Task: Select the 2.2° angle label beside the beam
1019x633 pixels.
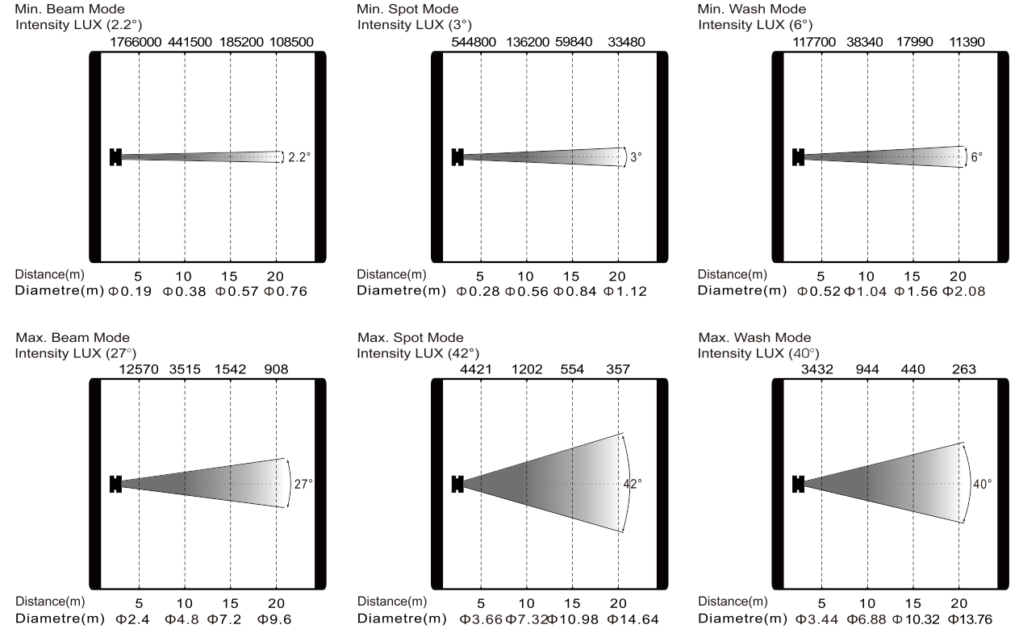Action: pyautogui.click(x=299, y=158)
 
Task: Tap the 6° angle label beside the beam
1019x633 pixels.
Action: pyautogui.click(x=977, y=158)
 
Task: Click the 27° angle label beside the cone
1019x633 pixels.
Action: pyautogui.click(x=303, y=485)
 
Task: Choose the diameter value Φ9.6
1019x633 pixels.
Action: pyautogui.click(x=275, y=618)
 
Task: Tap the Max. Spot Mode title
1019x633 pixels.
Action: pyautogui.click(x=410, y=337)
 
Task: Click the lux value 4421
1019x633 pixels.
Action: pyautogui.click(x=481, y=370)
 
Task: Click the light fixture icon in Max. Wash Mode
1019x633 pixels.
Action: pyautogui.click(x=799, y=484)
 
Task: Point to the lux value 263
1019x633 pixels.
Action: pyautogui.click(x=958, y=370)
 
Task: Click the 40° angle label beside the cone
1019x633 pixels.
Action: pyautogui.click(x=984, y=485)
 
